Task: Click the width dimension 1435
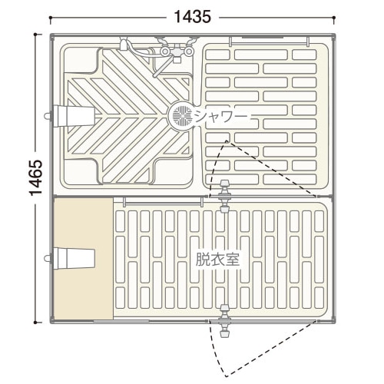click(x=193, y=18)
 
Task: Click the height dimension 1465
click(x=35, y=178)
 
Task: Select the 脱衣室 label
click(x=218, y=260)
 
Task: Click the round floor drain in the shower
click(x=182, y=115)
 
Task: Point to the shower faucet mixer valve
click(x=177, y=51)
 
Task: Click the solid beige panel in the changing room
click(x=83, y=259)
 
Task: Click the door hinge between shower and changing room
click(x=224, y=197)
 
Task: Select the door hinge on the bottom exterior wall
click(x=225, y=321)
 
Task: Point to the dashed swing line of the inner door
click(x=272, y=169)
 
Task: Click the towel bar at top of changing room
click(x=162, y=203)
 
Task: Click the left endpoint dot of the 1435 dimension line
click(x=51, y=18)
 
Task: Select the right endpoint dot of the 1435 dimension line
click(x=334, y=18)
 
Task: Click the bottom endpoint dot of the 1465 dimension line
click(x=35, y=323)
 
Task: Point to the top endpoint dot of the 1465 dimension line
click(x=35, y=34)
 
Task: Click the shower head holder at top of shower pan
click(x=124, y=44)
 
